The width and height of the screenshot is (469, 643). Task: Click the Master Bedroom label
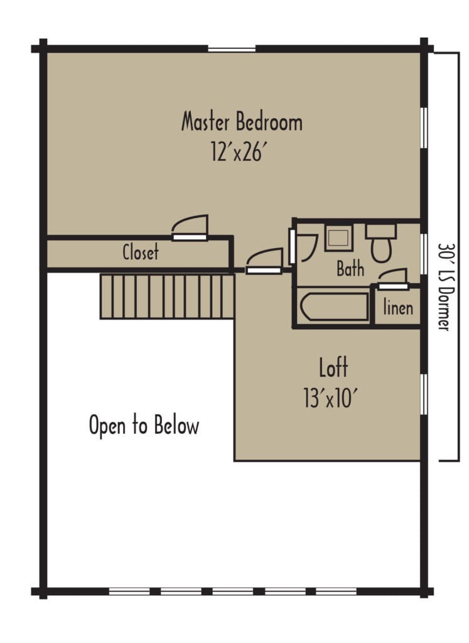242,122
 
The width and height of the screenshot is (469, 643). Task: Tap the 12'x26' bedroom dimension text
241,152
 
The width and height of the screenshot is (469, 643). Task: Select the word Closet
141,251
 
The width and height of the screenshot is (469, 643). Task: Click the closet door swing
190,227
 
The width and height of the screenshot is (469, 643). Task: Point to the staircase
167,296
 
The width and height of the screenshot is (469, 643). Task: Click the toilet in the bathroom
381,243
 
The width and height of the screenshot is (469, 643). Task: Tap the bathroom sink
338,238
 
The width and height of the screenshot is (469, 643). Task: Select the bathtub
335,306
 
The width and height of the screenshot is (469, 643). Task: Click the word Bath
350,269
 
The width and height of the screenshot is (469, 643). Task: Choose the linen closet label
398,307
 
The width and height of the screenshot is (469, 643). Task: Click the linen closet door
393,279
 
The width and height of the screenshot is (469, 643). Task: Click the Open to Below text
144,425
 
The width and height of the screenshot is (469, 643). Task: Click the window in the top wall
232,49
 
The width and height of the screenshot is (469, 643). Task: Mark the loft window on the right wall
424,394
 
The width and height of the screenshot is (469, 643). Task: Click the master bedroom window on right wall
424,127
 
